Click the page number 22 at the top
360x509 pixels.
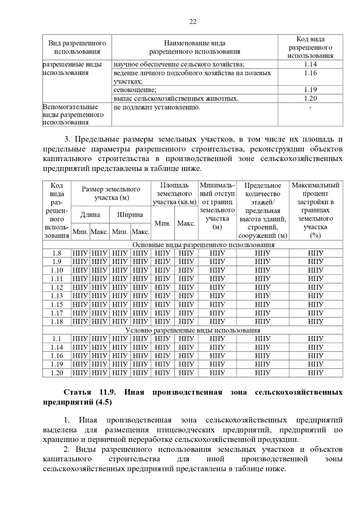click(x=193, y=22)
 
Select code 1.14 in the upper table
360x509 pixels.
click(x=310, y=64)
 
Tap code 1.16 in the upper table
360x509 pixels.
click(x=310, y=73)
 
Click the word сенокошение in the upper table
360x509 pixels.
click(x=135, y=90)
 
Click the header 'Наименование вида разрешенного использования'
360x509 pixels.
click(x=195, y=47)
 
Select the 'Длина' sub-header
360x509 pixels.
click(x=90, y=215)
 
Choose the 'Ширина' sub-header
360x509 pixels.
click(x=130, y=215)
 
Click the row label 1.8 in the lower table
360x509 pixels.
click(x=57, y=253)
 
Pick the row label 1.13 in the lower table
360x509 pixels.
click(x=57, y=296)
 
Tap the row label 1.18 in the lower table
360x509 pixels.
click(x=57, y=322)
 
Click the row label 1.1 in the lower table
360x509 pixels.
click(x=57, y=339)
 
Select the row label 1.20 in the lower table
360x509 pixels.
click(x=57, y=373)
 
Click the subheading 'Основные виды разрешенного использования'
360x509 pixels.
click(x=203, y=245)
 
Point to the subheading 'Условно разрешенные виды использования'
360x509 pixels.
click(x=193, y=330)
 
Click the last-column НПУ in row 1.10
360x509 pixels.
click(x=316, y=270)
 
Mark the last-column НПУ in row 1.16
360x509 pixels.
click(x=316, y=356)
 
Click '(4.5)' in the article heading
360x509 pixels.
click(x=103, y=402)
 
